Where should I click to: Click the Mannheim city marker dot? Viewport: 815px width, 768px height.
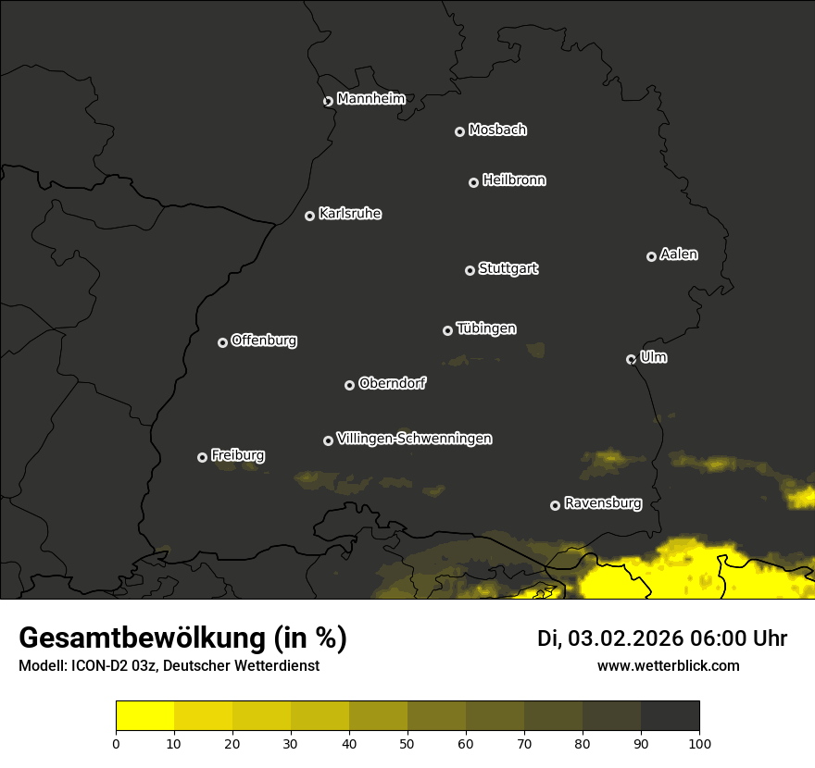click(328, 102)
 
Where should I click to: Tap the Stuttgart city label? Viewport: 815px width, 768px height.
click(508, 268)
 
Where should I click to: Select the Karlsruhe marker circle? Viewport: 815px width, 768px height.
click(309, 216)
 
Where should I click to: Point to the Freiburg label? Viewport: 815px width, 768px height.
click(237, 455)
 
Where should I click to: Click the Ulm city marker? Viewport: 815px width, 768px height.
click(631, 359)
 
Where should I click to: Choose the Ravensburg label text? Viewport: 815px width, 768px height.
click(602, 503)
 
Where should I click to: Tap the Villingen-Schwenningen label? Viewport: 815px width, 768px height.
click(414, 439)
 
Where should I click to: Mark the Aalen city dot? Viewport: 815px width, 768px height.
click(651, 256)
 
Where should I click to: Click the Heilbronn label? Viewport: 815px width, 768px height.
click(514, 180)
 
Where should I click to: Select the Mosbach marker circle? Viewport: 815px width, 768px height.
click(459, 131)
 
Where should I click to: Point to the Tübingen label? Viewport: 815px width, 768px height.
click(486, 328)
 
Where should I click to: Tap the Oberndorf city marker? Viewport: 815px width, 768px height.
click(349, 385)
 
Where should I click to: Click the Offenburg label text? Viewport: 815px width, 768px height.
click(264, 341)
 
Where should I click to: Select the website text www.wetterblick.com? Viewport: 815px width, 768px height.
click(668, 665)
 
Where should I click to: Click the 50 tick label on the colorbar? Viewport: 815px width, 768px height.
click(407, 742)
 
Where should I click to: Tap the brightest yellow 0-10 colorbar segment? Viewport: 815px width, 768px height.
click(144, 716)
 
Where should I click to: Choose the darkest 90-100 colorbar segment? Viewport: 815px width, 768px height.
click(670, 716)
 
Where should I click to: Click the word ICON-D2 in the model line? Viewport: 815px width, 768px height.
click(97, 666)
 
